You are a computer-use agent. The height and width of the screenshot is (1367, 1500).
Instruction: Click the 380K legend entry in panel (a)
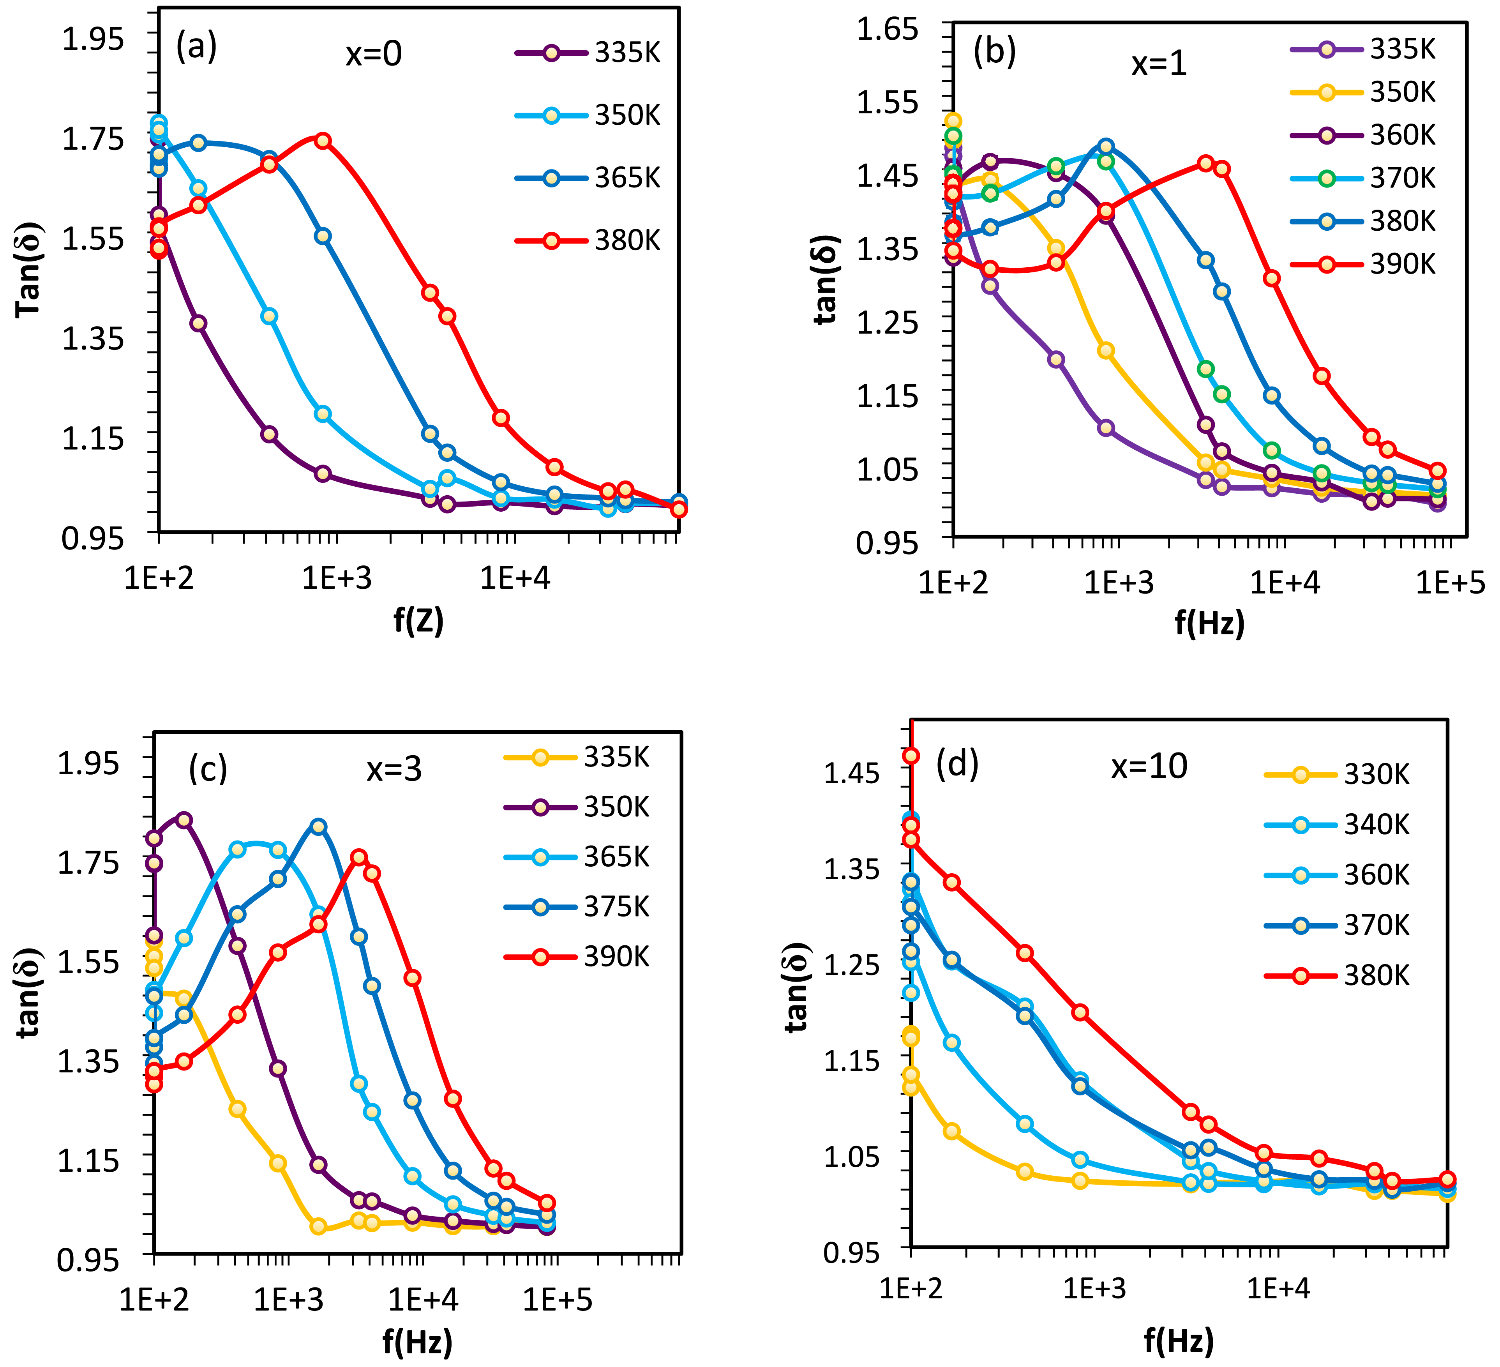(x=588, y=241)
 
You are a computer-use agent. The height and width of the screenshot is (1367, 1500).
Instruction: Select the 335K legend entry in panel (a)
(x=588, y=53)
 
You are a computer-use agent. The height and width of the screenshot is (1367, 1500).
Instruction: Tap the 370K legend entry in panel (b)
(x=1363, y=178)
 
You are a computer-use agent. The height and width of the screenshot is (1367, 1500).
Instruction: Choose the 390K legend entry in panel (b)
(x=1363, y=264)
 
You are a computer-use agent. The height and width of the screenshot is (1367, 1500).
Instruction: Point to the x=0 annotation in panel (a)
(x=374, y=54)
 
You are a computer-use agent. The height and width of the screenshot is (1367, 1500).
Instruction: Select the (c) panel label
(x=208, y=768)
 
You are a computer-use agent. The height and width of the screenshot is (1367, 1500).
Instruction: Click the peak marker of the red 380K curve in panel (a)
(x=322, y=141)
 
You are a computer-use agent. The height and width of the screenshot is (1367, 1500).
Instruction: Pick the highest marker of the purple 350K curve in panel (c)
(x=184, y=820)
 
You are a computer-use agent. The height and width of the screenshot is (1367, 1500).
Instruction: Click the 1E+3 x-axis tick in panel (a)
(x=336, y=578)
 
